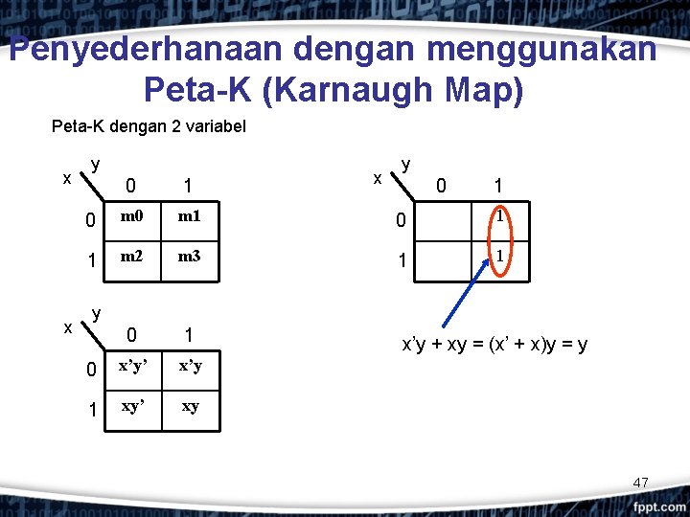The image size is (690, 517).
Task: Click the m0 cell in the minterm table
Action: point(131,219)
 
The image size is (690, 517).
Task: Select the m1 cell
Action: point(189,219)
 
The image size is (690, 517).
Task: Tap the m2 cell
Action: point(131,259)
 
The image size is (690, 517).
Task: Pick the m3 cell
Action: point(189,259)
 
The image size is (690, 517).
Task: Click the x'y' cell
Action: point(131,366)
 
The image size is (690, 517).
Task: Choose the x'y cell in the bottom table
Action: point(189,366)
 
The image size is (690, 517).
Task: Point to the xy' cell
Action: point(131,406)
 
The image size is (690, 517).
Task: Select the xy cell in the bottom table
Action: point(189,406)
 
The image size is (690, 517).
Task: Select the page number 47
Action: point(641,483)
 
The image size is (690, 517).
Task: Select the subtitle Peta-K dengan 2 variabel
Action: point(149,126)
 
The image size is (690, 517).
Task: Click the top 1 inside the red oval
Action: point(500,217)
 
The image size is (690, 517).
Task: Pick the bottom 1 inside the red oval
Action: point(500,257)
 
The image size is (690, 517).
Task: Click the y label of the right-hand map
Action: point(406,165)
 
